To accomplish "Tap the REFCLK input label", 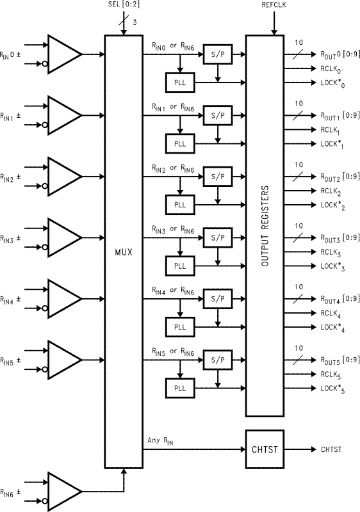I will (274, 5).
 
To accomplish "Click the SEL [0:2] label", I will (123, 5).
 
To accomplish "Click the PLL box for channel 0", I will (179, 83).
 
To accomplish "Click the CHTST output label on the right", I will (331, 449).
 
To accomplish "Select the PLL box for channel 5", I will (179, 388).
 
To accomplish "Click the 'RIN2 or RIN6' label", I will (173, 169).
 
